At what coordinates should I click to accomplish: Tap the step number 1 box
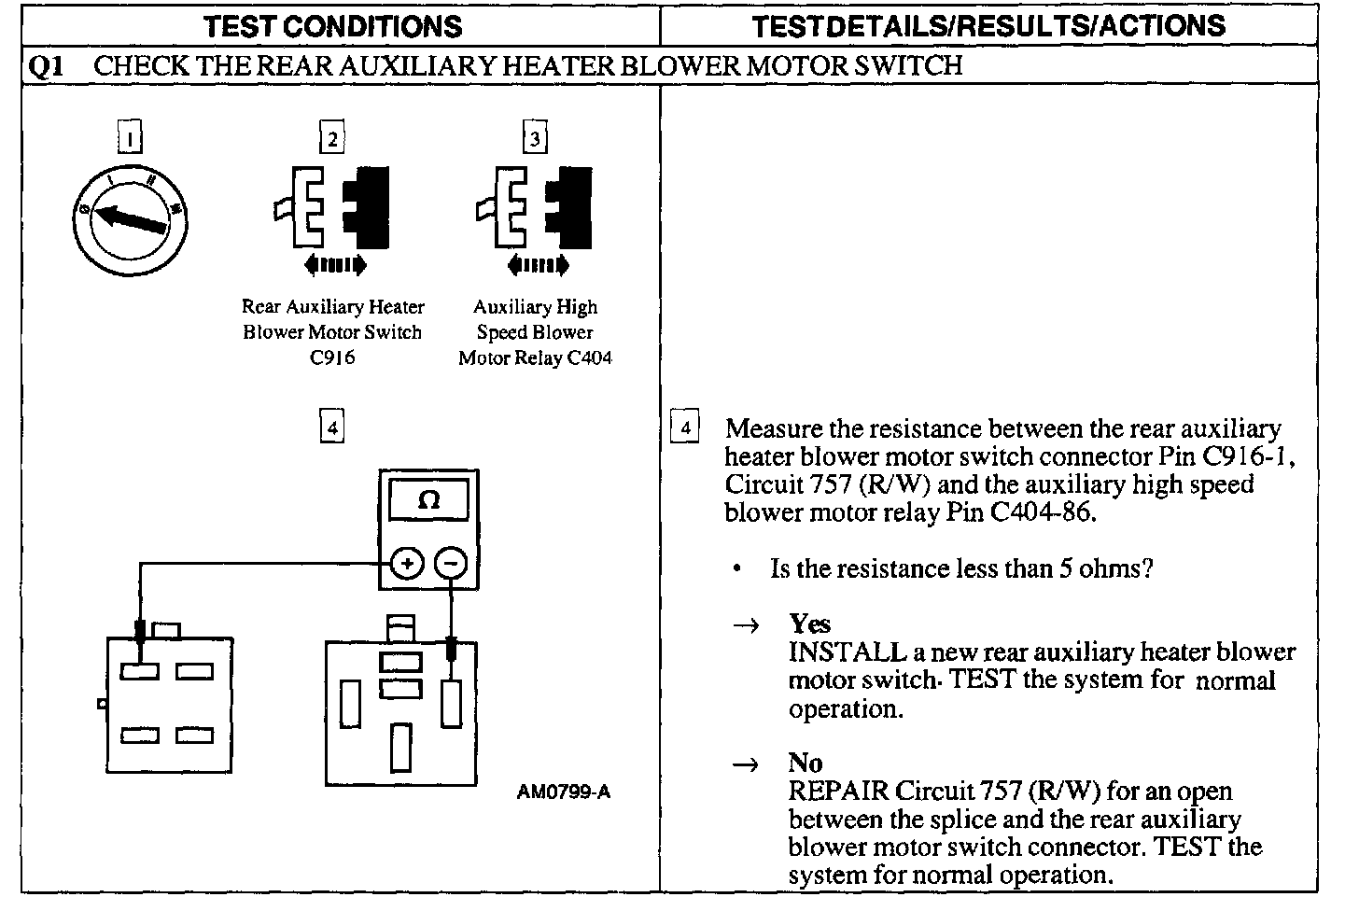click(x=130, y=138)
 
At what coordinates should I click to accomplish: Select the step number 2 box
click(x=331, y=138)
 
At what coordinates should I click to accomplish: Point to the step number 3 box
click(x=534, y=138)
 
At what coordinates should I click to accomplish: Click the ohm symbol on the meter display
click(x=429, y=500)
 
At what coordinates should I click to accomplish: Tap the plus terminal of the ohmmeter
click(x=407, y=563)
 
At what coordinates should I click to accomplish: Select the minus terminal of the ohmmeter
click(x=451, y=563)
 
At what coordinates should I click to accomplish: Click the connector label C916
click(x=332, y=357)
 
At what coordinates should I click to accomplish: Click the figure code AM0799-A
click(x=564, y=792)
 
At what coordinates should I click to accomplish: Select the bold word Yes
click(x=809, y=624)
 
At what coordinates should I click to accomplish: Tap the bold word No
click(x=805, y=763)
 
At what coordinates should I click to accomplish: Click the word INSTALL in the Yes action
click(x=847, y=652)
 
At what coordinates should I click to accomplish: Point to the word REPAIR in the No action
click(x=838, y=791)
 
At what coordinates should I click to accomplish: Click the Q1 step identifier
click(x=46, y=65)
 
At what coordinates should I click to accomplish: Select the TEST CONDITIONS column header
click(x=333, y=25)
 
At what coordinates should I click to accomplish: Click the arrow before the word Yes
click(x=748, y=625)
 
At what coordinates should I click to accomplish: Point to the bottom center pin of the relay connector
click(x=401, y=747)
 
